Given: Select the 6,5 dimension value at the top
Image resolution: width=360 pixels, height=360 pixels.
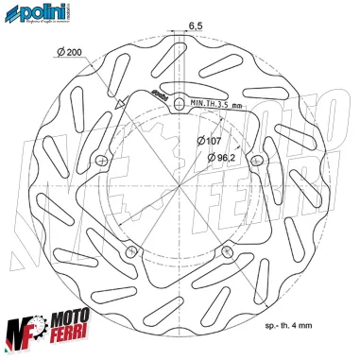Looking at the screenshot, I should tap(194, 25).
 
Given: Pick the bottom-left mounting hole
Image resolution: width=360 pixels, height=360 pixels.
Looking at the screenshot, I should tap(132, 249).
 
